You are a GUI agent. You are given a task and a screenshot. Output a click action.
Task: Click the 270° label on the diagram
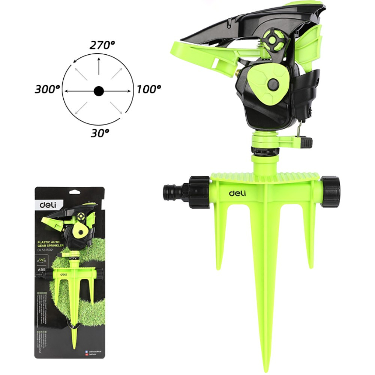pos(102,45)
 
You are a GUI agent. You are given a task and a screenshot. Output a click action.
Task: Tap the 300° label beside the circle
pos(48,90)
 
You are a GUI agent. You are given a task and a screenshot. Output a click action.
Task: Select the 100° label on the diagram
pos(148,90)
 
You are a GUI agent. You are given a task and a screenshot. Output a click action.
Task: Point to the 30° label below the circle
pos(100,132)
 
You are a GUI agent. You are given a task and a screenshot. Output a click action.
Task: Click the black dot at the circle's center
pos(99,90)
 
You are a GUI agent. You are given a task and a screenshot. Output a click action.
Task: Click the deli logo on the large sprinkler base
pos(237,193)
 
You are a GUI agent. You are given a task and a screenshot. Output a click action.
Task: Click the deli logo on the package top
pos(46,205)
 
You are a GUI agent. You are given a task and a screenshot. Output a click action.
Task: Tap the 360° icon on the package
pos(42,259)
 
